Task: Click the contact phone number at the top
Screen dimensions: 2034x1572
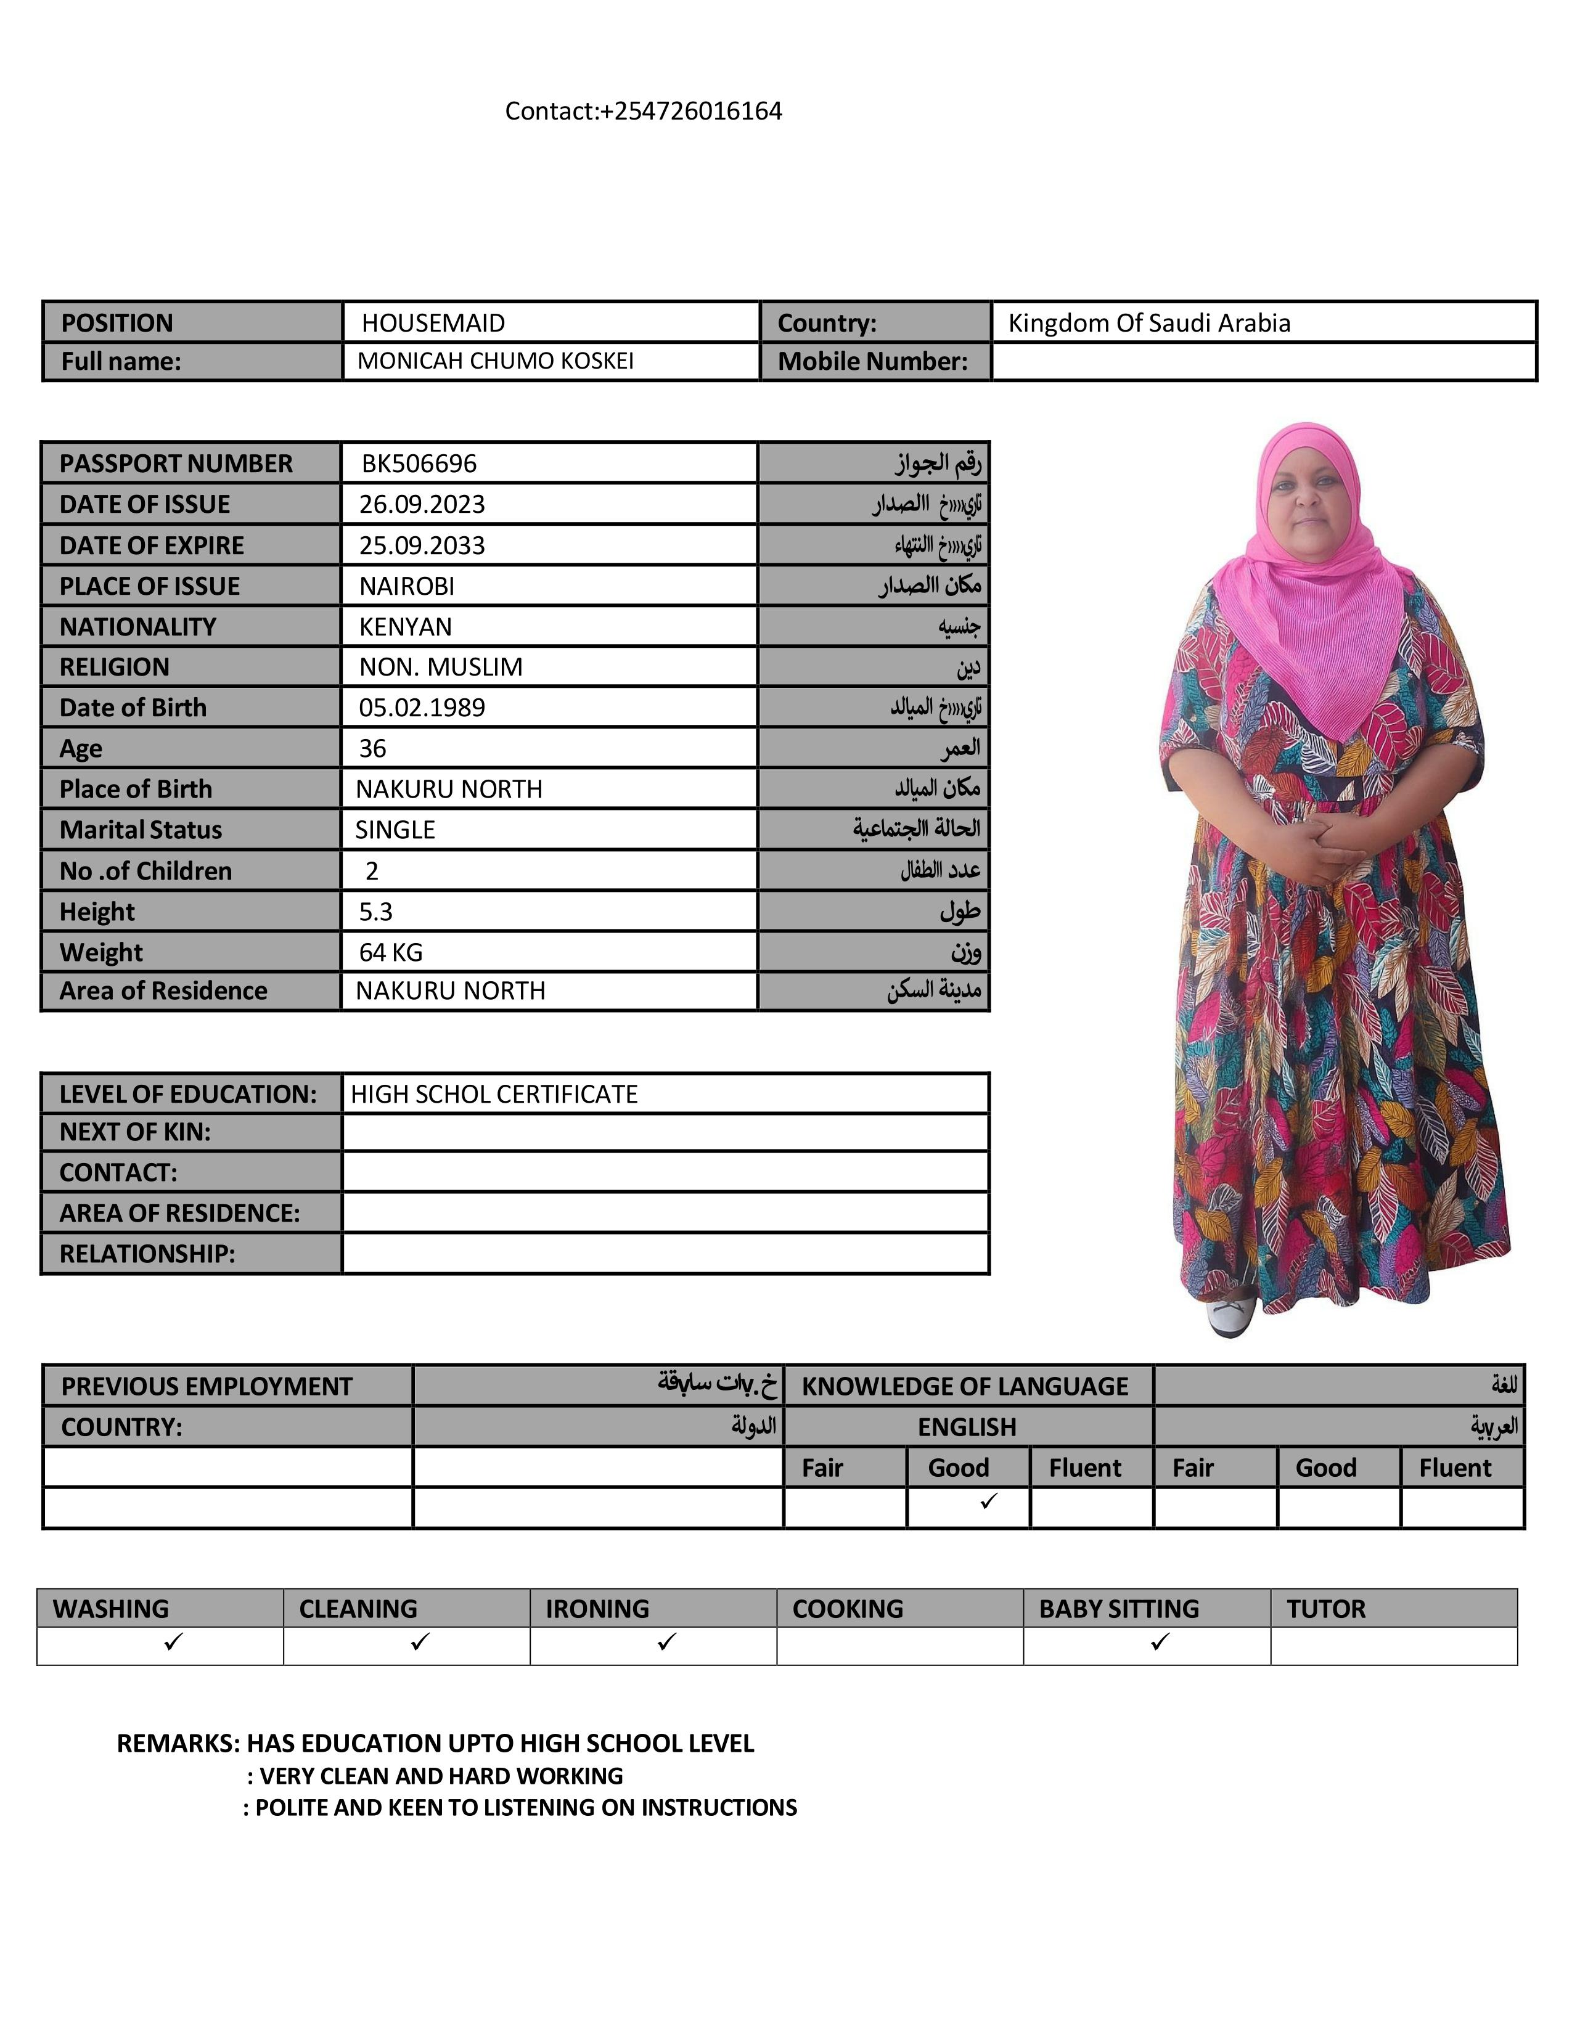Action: click(x=644, y=112)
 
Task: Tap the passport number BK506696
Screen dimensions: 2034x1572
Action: click(x=419, y=463)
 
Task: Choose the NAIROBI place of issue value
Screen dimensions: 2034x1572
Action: click(x=407, y=586)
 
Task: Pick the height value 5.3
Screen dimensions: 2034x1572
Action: click(x=376, y=911)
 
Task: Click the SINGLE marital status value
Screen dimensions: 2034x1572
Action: click(x=395, y=829)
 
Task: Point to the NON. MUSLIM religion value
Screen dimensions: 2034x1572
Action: click(x=441, y=667)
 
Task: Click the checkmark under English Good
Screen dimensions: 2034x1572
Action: click(x=988, y=1500)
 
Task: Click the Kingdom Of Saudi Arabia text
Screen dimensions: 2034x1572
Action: click(x=1148, y=323)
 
